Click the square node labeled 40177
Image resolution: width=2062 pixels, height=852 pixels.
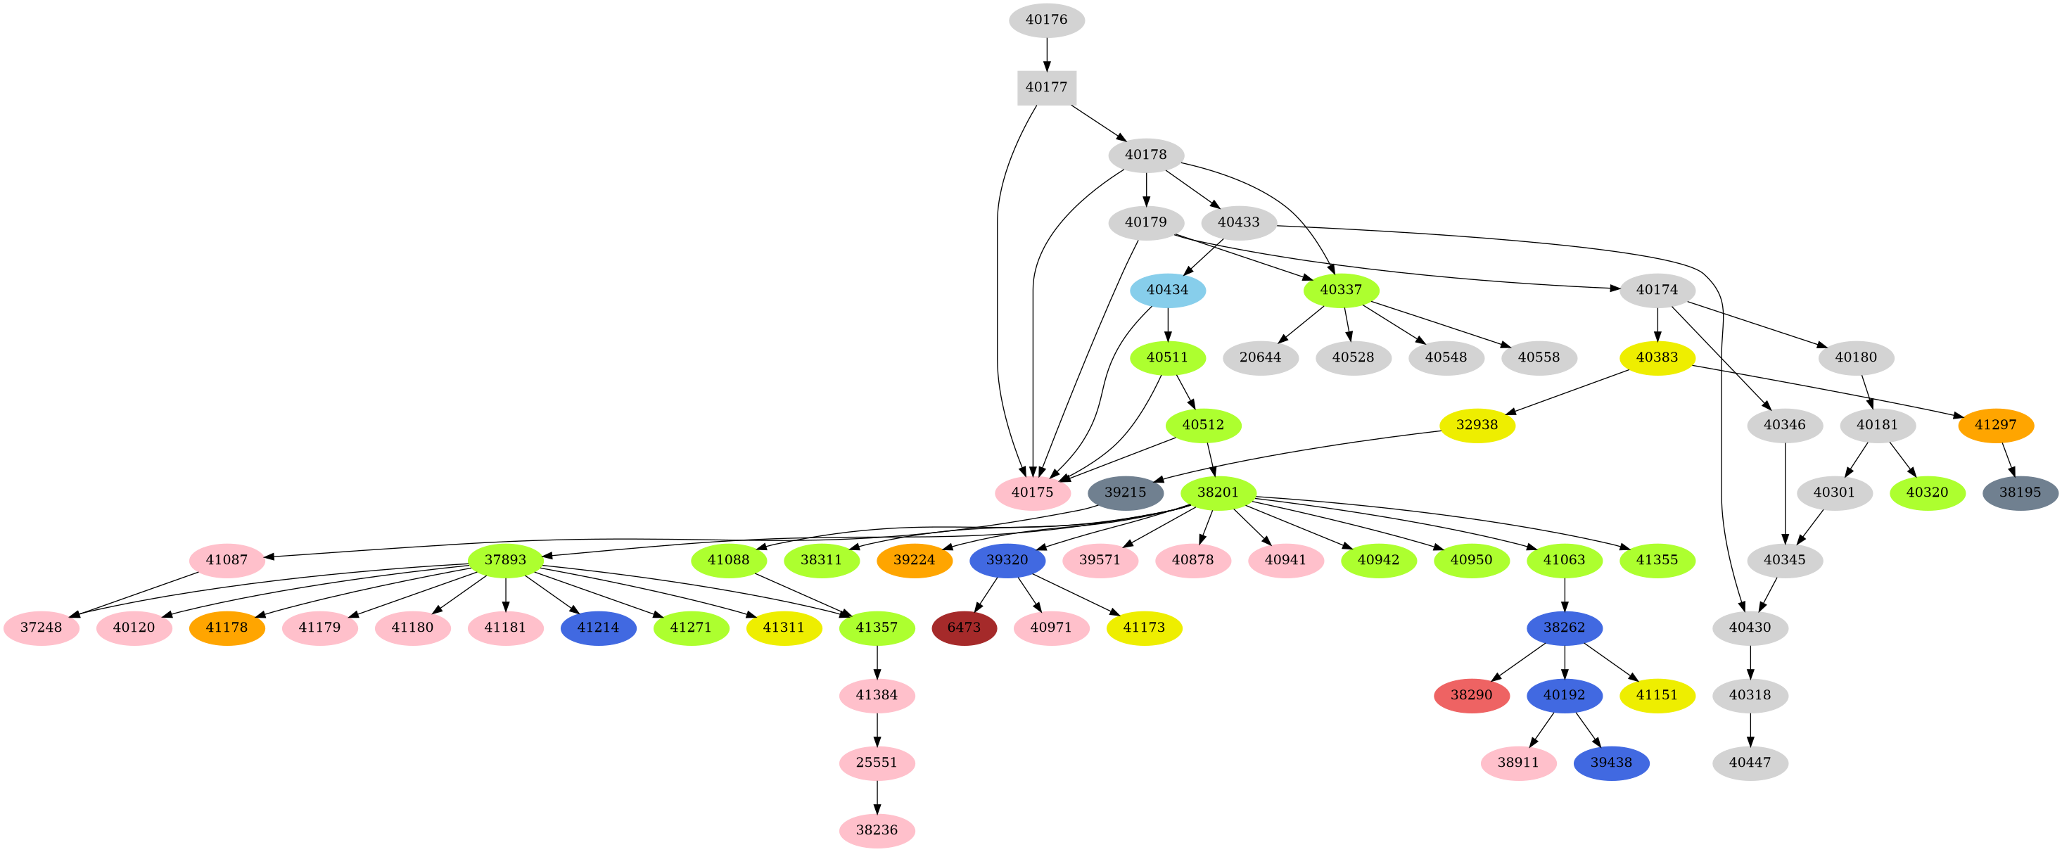point(1046,87)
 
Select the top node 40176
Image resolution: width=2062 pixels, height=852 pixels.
point(1046,20)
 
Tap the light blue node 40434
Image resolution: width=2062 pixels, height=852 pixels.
point(1167,290)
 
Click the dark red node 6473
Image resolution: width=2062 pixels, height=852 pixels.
point(964,628)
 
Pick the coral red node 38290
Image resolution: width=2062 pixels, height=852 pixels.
point(1471,695)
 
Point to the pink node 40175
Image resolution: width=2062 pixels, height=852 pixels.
point(1032,492)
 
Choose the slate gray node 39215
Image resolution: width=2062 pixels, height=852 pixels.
point(1125,492)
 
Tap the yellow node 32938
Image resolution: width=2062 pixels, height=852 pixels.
point(1477,425)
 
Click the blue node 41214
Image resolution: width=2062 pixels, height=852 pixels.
point(598,628)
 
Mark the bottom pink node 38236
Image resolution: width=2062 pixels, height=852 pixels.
point(877,830)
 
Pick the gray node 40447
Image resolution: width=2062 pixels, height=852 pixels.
point(1750,763)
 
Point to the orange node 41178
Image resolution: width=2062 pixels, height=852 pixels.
point(227,628)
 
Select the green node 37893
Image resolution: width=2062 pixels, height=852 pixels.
point(506,560)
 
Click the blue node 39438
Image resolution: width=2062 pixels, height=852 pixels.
point(1610,763)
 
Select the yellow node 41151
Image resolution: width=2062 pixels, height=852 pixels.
point(1657,695)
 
